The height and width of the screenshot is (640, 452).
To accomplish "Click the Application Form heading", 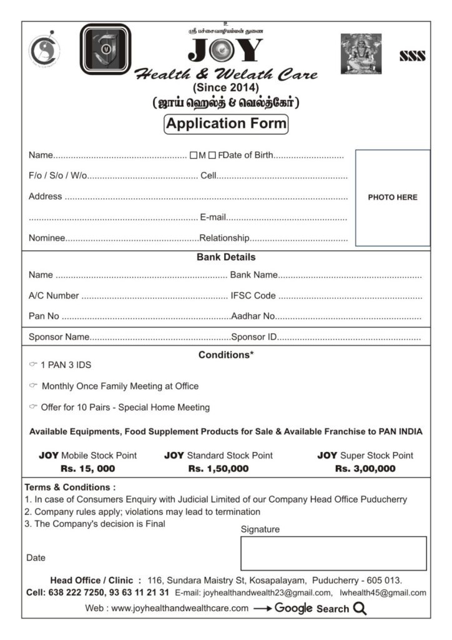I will pyautogui.click(x=226, y=124).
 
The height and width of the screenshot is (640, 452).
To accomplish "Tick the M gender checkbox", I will pyautogui.click(x=194, y=156).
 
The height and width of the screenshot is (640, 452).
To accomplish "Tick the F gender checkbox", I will pyautogui.click(x=212, y=156).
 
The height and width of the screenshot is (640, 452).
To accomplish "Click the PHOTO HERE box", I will pyautogui.click(x=393, y=197).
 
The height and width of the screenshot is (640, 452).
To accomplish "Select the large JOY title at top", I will pyautogui.click(x=226, y=51).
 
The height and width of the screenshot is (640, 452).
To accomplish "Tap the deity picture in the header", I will pyautogui.click(x=361, y=54).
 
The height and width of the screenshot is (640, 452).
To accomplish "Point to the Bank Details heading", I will pyautogui.click(x=226, y=257).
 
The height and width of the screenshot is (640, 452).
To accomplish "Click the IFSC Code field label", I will pyautogui.click(x=253, y=296).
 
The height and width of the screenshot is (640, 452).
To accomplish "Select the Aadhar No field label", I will pyautogui.click(x=253, y=316).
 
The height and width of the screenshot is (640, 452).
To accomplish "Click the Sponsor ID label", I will pyautogui.click(x=253, y=337).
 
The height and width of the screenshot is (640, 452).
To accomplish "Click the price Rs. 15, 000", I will pyautogui.click(x=87, y=468).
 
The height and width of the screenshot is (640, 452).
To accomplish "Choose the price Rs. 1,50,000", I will pyautogui.click(x=219, y=468).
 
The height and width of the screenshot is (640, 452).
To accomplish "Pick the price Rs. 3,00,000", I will pyautogui.click(x=365, y=468).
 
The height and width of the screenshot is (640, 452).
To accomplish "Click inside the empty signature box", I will pyautogui.click(x=333, y=553).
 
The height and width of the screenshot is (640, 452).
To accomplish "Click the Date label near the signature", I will pyautogui.click(x=36, y=557).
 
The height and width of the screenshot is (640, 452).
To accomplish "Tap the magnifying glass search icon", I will pyautogui.click(x=360, y=608).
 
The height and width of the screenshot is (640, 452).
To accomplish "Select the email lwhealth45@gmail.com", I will pyautogui.click(x=383, y=592).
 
